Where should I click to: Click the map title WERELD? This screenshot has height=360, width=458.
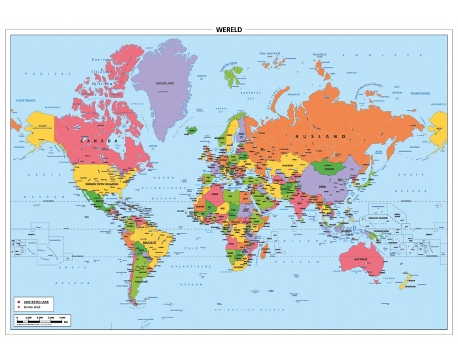pyautogui.click(x=228, y=29)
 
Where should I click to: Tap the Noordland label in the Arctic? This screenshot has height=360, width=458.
pyautogui.click(x=319, y=54)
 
